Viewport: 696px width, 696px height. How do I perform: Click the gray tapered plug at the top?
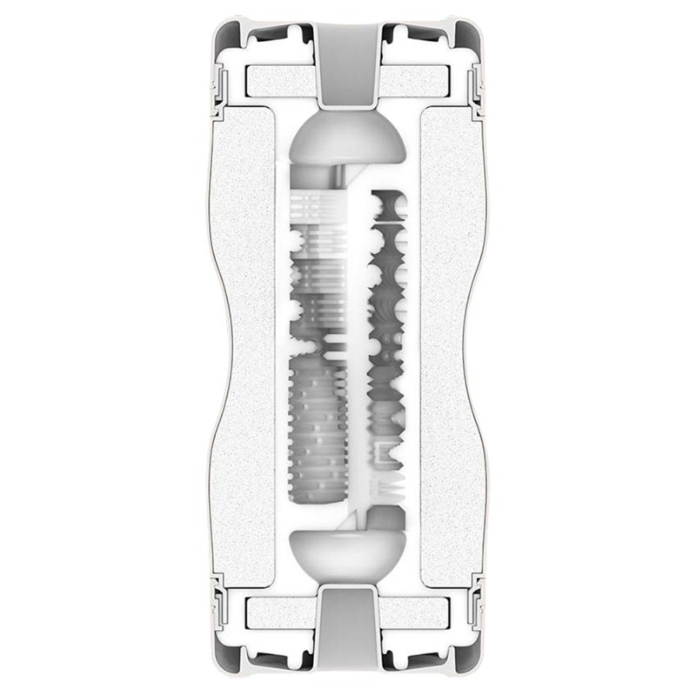tap(348, 61)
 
